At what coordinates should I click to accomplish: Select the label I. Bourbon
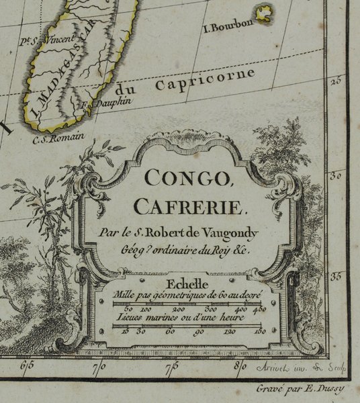point(228,26)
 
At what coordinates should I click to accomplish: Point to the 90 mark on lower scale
point(199,331)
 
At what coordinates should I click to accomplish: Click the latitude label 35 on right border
point(337,274)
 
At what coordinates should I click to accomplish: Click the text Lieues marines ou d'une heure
point(185,316)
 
